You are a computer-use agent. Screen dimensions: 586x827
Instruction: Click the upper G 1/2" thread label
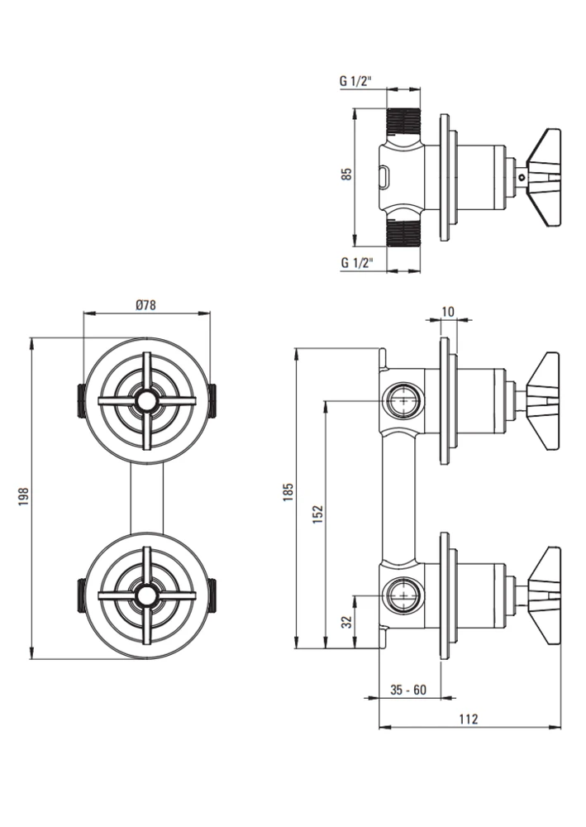point(356,81)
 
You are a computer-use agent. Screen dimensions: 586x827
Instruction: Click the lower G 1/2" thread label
point(357,262)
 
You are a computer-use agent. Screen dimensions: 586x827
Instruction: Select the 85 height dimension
point(346,174)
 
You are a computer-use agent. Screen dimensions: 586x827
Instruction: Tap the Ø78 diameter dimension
point(145,305)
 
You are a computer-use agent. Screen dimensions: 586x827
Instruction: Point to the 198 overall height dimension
point(23,497)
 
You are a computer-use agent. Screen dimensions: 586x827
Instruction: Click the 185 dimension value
point(288,491)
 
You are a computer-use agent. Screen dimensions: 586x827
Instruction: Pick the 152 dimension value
point(317,514)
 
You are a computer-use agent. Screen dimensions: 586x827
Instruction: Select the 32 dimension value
point(346,623)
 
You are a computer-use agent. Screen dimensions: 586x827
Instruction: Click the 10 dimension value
point(447,312)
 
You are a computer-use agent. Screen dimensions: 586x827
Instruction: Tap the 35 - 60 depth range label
point(408,690)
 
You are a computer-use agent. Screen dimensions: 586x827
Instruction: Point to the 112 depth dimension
point(468,719)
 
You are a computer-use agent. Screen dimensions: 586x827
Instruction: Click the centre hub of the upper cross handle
point(147,401)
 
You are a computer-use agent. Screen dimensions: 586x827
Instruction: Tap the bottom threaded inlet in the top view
point(404,232)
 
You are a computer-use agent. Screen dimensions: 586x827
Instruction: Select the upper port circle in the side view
point(404,401)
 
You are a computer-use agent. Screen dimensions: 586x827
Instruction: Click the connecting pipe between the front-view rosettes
point(147,498)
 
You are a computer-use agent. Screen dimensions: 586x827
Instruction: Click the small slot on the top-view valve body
point(384,177)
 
